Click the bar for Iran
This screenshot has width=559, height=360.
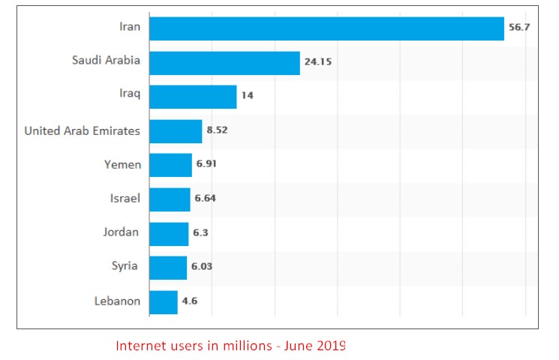326,28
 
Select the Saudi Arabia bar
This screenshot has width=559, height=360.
224,63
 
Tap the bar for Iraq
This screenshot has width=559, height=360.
193,97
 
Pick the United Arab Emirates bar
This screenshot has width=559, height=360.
176,131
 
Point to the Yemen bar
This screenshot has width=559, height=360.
170,165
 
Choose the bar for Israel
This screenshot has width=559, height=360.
170,199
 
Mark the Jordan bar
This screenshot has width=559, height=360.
169,233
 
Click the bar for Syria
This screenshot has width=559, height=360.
168,268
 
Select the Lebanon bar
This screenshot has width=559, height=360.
164,301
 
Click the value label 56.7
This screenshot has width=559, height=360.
520,28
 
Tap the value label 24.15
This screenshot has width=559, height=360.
317,63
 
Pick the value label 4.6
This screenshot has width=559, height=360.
188,301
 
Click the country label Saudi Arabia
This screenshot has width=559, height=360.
106,60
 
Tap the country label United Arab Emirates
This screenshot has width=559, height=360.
82,131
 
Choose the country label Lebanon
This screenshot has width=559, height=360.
117,301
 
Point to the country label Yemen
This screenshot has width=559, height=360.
122,164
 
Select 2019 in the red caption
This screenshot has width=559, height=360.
330,346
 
